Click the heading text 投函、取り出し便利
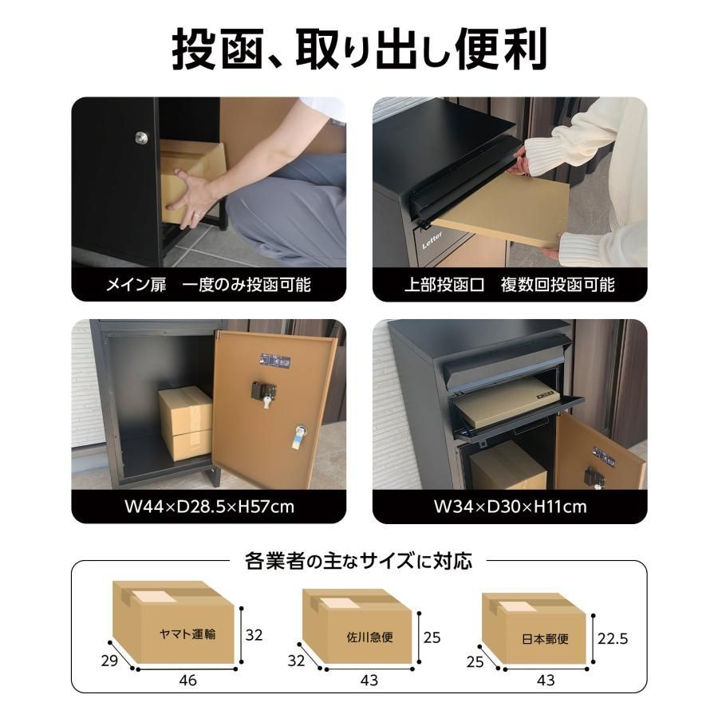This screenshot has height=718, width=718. [x=359, y=49]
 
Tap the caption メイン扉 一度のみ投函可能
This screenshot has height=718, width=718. [x=208, y=285]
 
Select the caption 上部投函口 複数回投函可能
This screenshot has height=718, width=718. [x=509, y=285]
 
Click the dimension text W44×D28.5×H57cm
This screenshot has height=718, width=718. [x=209, y=507]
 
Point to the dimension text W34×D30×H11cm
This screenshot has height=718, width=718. [x=510, y=507]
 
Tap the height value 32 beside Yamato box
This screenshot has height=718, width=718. [x=254, y=635]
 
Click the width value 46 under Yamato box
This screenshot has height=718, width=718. [x=187, y=681]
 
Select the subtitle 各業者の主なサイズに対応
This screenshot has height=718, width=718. [x=358, y=561]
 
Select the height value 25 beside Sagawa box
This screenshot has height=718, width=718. [x=432, y=638]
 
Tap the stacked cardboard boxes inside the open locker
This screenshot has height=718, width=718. [x=185, y=423]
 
